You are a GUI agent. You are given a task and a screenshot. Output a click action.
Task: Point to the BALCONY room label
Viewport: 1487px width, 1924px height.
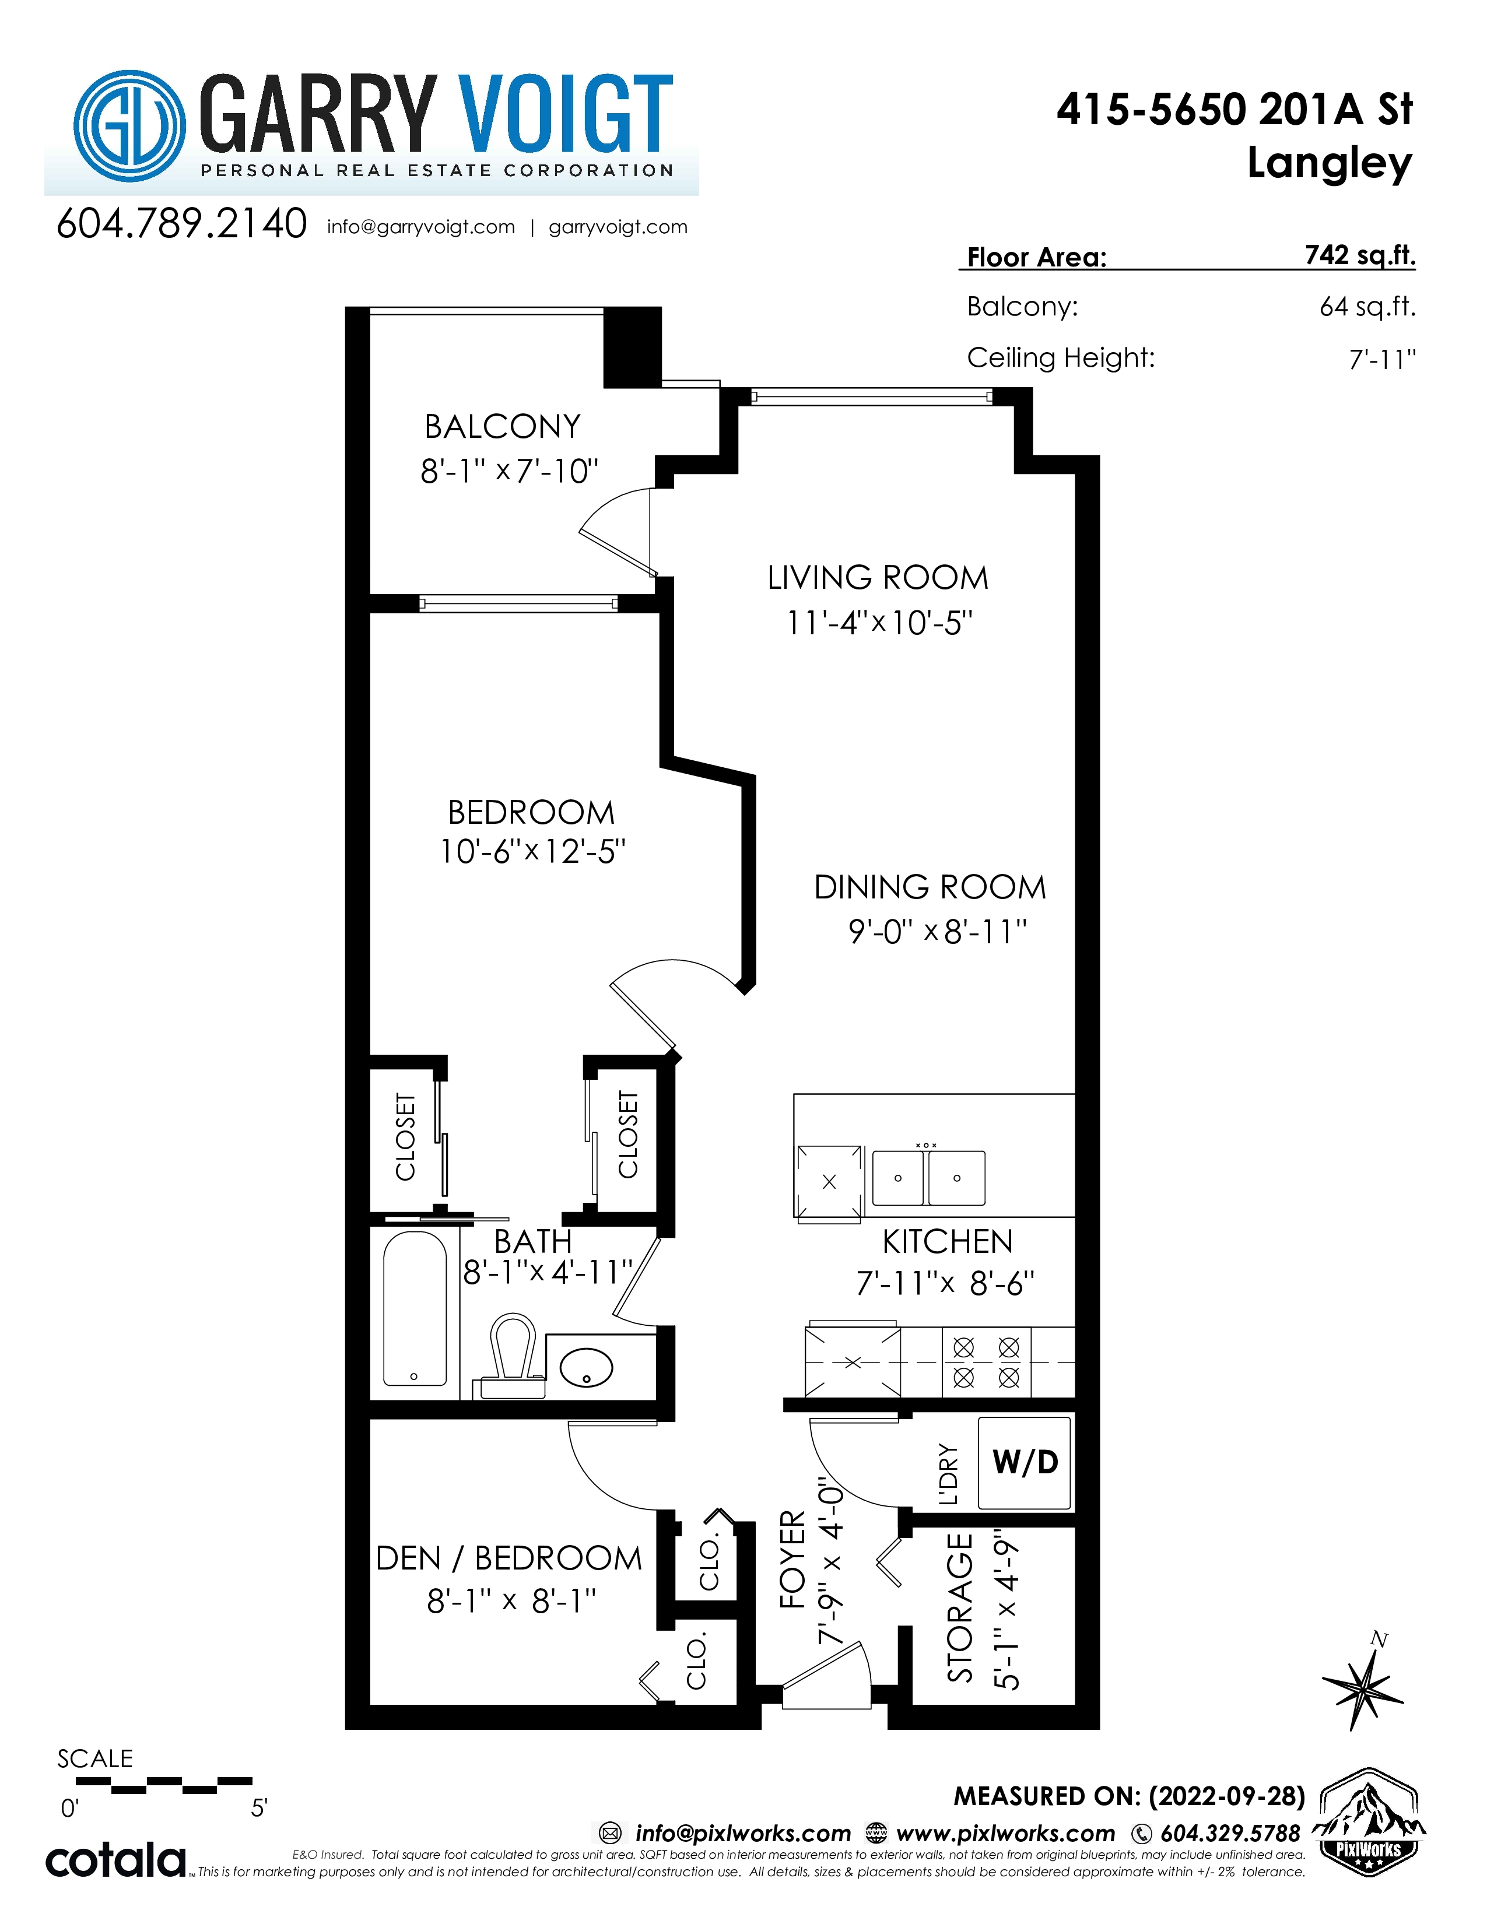(502, 427)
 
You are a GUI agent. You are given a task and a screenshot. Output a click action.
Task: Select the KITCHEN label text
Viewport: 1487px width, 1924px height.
(947, 1242)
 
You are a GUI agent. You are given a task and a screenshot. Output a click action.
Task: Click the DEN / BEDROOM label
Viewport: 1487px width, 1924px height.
(508, 1558)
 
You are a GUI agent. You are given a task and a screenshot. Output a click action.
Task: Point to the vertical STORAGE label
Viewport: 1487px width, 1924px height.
(960, 1608)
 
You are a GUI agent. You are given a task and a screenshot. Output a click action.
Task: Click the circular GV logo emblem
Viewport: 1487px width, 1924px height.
(129, 126)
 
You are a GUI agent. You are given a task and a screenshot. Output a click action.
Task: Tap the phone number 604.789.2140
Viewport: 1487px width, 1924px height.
(181, 224)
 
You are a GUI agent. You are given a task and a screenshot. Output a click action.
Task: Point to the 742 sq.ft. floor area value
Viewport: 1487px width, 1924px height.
(1360, 255)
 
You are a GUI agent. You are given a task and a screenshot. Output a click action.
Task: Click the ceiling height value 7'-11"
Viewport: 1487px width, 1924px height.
(1382, 359)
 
